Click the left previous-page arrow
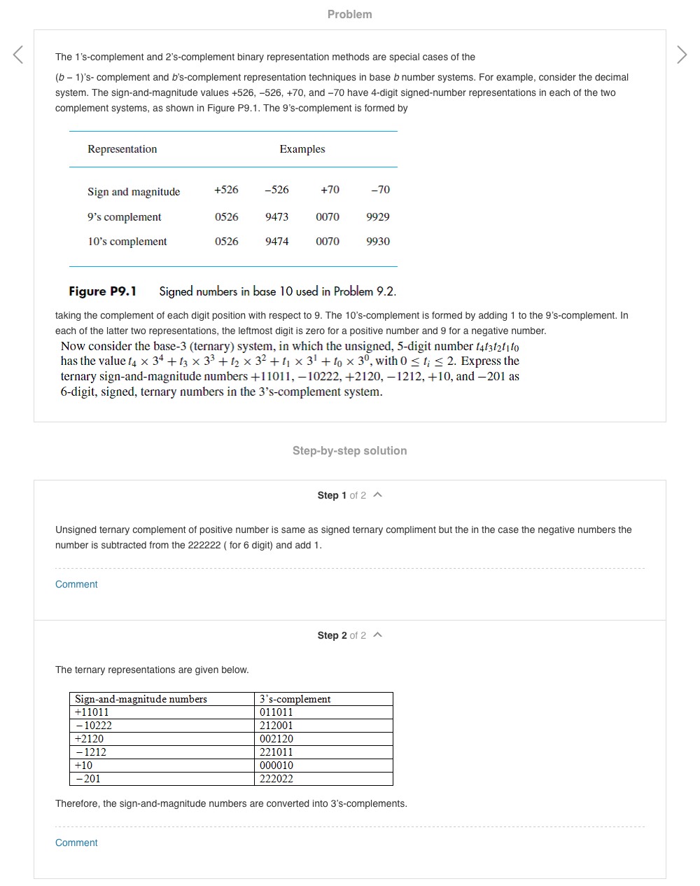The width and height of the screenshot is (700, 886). (18, 55)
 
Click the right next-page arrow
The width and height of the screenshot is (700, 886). (682, 55)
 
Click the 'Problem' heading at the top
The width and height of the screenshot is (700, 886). (349, 14)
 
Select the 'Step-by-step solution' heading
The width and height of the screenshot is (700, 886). (349, 450)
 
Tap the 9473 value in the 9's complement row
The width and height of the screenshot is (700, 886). (276, 217)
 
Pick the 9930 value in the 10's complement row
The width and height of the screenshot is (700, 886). (378, 242)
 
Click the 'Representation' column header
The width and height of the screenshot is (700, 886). (122, 149)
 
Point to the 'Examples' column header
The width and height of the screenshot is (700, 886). (302, 149)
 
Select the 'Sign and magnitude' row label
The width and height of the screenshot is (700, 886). (134, 192)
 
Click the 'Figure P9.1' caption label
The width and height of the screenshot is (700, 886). (103, 291)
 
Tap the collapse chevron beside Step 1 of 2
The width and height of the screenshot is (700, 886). (378, 495)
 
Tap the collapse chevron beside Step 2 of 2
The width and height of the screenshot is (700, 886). (378, 635)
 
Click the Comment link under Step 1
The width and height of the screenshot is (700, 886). (76, 584)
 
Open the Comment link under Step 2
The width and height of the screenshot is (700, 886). (76, 843)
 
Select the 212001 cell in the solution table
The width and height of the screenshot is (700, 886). (276, 726)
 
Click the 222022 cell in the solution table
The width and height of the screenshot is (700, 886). (276, 779)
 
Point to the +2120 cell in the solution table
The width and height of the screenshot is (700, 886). (90, 739)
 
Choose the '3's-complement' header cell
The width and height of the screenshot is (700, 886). (295, 699)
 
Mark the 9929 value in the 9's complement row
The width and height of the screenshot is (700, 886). (378, 217)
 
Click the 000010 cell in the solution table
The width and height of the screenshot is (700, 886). (276, 766)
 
